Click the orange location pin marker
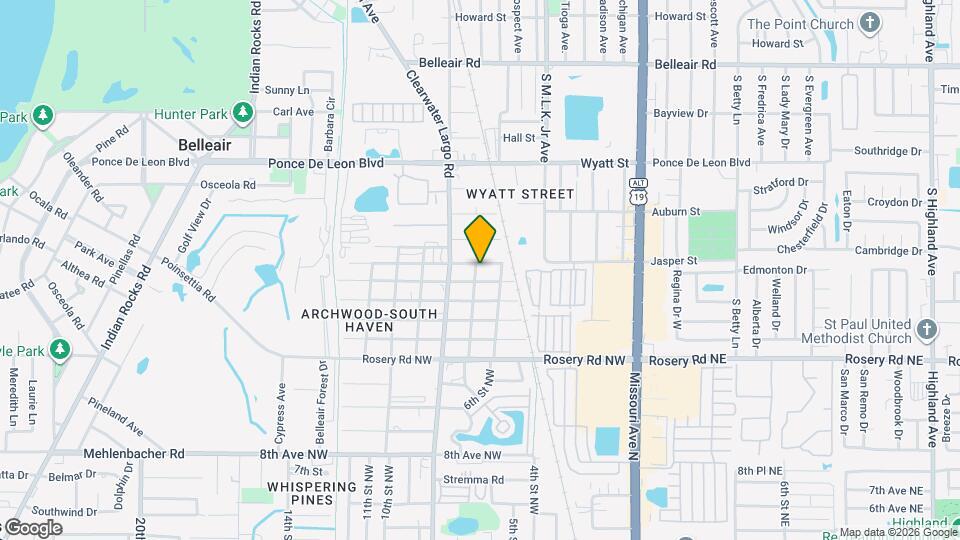pos(481,238)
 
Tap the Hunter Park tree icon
pos(241,115)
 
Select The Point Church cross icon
pos(870,23)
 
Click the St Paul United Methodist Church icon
pos(927,329)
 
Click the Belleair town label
pos(205,145)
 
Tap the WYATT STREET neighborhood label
pos(520,194)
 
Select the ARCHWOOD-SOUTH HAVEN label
pos(370,320)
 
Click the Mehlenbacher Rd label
pos(135,453)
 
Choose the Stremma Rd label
pos(476,479)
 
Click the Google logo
pos(33,528)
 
